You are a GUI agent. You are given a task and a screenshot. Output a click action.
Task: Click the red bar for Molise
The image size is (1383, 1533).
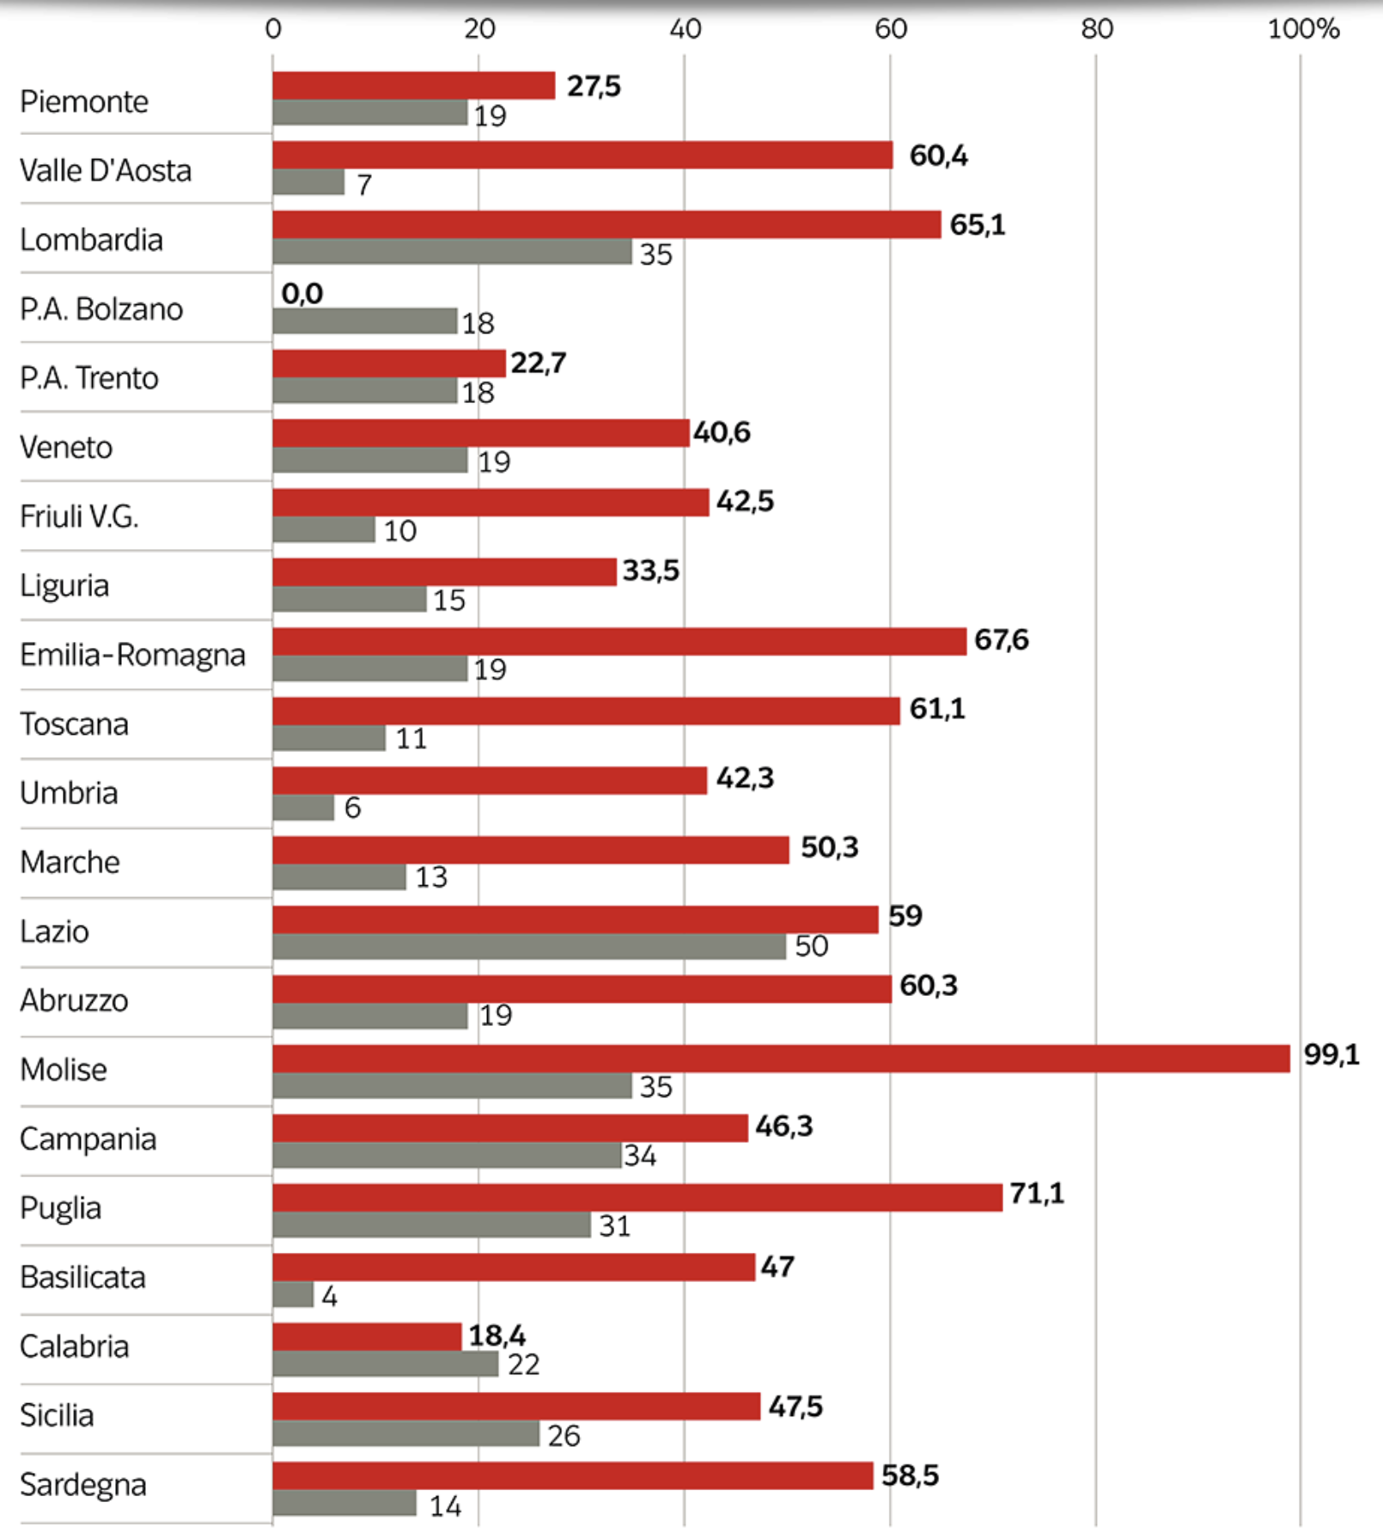pyautogui.click(x=781, y=1059)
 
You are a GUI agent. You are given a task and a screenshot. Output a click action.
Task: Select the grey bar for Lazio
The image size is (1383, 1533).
pyautogui.click(x=529, y=946)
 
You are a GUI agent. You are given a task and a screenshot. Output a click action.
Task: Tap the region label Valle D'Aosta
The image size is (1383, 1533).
pyautogui.click(x=106, y=170)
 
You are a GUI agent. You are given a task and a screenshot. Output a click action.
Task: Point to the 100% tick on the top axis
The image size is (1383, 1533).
pyautogui.click(x=1302, y=29)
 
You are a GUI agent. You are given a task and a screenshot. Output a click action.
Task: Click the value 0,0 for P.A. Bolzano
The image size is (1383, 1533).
pyautogui.click(x=302, y=294)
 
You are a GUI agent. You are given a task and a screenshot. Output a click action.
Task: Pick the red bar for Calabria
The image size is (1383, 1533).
pyautogui.click(x=367, y=1336)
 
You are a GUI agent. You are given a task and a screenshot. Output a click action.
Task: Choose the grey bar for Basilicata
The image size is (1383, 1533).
pyautogui.click(x=293, y=1295)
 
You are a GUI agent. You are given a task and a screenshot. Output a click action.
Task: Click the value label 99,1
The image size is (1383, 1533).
pyautogui.click(x=1331, y=1054)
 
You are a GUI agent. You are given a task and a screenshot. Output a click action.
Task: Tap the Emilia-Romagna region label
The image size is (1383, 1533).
pyautogui.click(x=132, y=655)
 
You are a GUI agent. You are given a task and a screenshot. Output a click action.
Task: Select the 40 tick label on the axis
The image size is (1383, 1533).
pyautogui.click(x=685, y=29)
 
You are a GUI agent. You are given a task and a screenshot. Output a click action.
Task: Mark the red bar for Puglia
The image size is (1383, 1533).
pyautogui.click(x=637, y=1198)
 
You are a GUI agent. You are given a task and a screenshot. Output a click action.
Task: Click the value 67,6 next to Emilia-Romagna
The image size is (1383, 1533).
pyautogui.click(x=1001, y=639)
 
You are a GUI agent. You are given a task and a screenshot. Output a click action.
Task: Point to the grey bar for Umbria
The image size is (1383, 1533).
pyautogui.click(x=303, y=808)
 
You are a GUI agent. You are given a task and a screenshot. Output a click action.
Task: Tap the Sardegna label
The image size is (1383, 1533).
pyautogui.click(x=83, y=1484)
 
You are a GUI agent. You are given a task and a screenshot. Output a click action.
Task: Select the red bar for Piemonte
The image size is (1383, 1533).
pyautogui.click(x=414, y=86)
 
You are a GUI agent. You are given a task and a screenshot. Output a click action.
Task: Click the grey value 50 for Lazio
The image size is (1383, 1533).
pyautogui.click(x=811, y=946)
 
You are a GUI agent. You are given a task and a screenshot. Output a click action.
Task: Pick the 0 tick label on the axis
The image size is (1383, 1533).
pyautogui.click(x=273, y=29)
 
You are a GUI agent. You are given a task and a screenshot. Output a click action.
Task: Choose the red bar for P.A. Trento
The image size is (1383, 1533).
pyautogui.click(x=389, y=363)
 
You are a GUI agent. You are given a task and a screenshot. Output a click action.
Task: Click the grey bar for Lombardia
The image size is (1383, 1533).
pyautogui.click(x=452, y=252)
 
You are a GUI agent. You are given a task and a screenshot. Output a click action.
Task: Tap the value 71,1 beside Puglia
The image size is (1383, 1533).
pyautogui.click(x=1036, y=1193)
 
